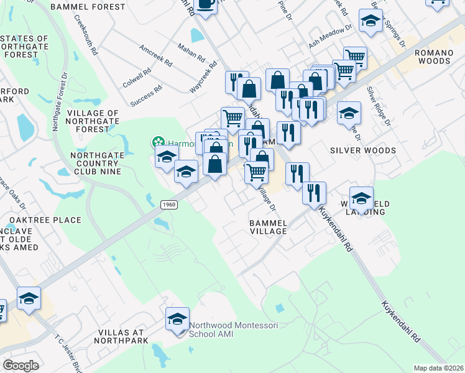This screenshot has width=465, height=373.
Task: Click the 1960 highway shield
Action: [x=168, y=205]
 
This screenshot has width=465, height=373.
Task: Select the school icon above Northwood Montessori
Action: [x=177, y=320]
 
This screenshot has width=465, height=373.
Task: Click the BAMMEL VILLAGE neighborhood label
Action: [x=268, y=226]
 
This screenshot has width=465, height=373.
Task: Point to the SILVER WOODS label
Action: [x=363, y=150]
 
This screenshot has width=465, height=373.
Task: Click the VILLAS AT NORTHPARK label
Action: [x=122, y=336]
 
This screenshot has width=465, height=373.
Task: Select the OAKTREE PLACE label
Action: [x=45, y=220]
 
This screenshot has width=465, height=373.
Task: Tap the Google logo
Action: [x=21, y=365]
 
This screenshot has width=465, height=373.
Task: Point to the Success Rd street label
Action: [x=147, y=96]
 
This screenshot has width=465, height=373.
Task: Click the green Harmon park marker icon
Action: [x=157, y=142]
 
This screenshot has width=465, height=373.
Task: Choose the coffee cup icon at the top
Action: [x=205, y=4]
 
